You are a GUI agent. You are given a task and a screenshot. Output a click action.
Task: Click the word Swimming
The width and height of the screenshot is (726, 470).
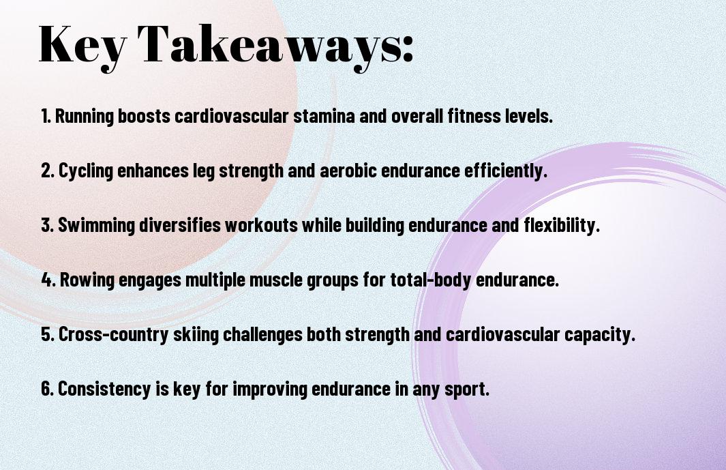click(96, 226)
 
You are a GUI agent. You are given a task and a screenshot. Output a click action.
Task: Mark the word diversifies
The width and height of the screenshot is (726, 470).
click(180, 225)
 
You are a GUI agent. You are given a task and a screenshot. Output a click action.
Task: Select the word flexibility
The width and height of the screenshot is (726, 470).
click(562, 225)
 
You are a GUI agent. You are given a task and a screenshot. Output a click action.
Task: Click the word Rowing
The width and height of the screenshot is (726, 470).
click(87, 280)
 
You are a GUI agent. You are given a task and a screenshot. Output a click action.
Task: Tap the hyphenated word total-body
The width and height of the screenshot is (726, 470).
click(431, 280)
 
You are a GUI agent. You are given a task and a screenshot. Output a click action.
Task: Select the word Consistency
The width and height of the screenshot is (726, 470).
click(104, 389)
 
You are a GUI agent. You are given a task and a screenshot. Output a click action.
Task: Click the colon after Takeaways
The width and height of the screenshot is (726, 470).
click(408, 48)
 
